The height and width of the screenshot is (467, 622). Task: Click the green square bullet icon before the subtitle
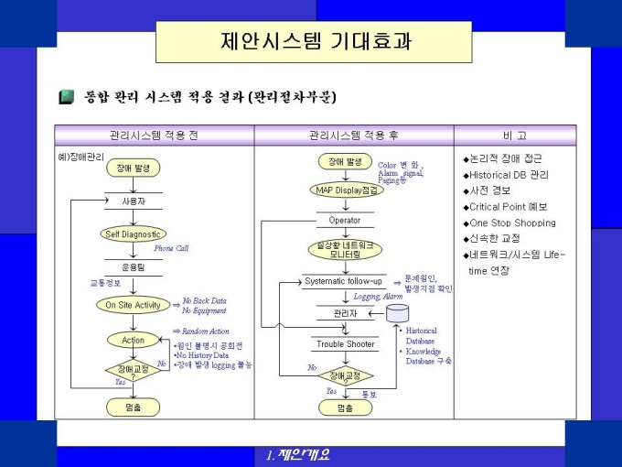click(66, 96)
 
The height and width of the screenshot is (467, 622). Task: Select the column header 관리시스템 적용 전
click(154, 136)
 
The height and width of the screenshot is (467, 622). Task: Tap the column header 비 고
click(515, 136)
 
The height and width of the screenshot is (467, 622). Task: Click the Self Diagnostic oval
click(134, 233)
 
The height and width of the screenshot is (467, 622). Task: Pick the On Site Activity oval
click(134, 305)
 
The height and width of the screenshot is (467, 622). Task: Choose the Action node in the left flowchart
click(134, 340)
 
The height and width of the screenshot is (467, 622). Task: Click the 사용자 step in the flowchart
click(134, 200)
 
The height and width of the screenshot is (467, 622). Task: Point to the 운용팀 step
click(134, 266)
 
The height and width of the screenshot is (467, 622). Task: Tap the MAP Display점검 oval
click(345, 190)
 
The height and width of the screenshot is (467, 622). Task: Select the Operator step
click(345, 220)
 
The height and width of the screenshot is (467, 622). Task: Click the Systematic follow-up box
click(344, 281)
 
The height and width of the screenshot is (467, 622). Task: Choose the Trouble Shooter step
click(345, 344)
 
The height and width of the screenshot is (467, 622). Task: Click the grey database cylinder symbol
click(398, 314)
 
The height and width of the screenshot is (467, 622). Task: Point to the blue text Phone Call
click(171, 248)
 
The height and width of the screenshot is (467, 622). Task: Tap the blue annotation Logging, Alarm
click(379, 297)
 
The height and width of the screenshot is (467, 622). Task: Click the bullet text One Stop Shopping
click(511, 223)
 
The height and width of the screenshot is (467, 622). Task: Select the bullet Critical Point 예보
click(508, 206)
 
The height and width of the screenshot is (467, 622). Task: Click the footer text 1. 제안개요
click(297, 455)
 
